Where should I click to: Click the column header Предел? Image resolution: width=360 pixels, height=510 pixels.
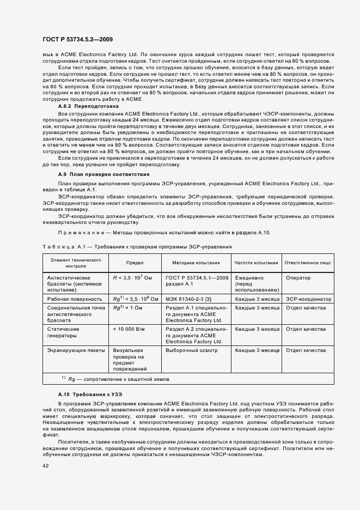point(135,262)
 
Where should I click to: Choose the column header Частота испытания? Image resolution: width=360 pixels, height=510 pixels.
point(256,262)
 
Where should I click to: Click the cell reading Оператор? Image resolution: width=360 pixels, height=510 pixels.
point(298,278)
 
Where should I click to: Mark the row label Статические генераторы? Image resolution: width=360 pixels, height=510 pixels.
point(63,332)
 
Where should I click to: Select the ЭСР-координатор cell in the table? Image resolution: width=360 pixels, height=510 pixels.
point(308,299)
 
